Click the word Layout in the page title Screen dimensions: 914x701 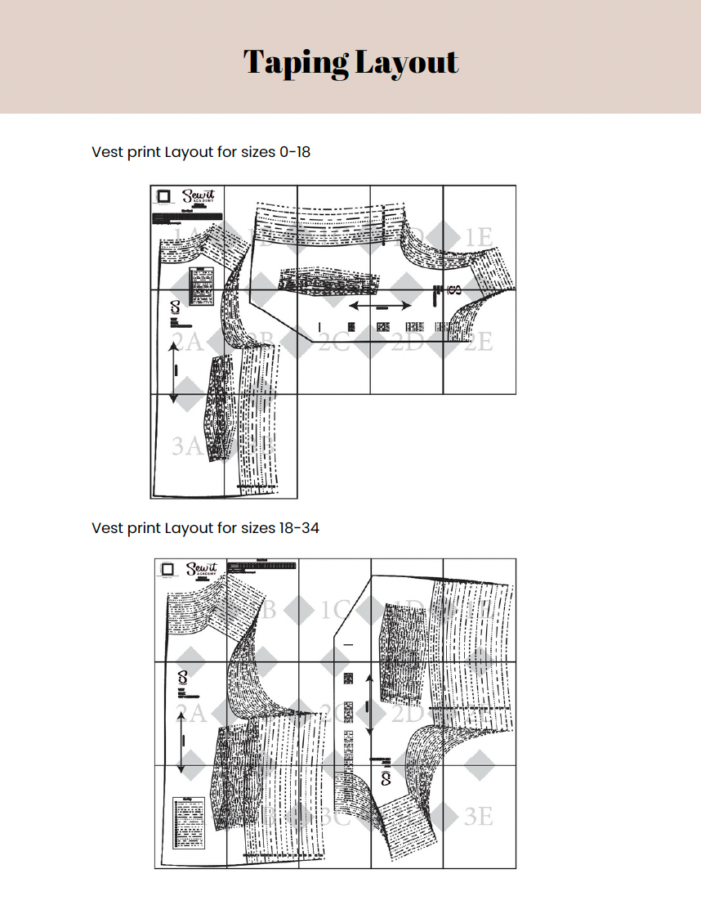408,62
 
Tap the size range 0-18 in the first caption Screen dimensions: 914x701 295,152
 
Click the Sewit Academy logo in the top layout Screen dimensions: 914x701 196,199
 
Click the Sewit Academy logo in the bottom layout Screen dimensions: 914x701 201,570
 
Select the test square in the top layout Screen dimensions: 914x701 164,196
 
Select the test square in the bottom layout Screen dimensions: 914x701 169,568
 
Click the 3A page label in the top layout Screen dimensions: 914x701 187,446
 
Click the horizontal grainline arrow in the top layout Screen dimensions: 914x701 381,305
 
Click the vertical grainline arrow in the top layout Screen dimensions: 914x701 173,372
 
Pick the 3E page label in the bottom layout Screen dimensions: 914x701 479,816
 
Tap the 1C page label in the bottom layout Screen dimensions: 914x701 334,610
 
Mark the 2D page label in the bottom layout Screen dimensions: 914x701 406,713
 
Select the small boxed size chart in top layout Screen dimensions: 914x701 201,286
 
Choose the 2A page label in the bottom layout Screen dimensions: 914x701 190,713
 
